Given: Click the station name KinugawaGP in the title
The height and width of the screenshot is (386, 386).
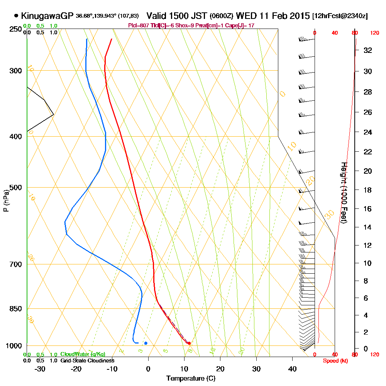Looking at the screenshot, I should point(47,16).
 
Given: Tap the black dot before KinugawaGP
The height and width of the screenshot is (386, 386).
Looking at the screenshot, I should point(16,16).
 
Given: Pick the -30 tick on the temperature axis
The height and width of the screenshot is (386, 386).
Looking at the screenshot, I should point(40,369).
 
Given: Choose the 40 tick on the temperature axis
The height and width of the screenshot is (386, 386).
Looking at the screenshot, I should point(292,369).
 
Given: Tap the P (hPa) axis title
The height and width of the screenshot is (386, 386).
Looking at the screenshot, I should point(6,201).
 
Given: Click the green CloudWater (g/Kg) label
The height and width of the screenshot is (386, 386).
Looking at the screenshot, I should point(83,354).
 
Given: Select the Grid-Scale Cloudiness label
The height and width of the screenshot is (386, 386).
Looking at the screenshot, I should point(87,361).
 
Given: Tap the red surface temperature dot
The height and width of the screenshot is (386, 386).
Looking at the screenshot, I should point(189,343).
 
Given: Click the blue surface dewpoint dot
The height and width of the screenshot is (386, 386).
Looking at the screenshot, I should point(146,343).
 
